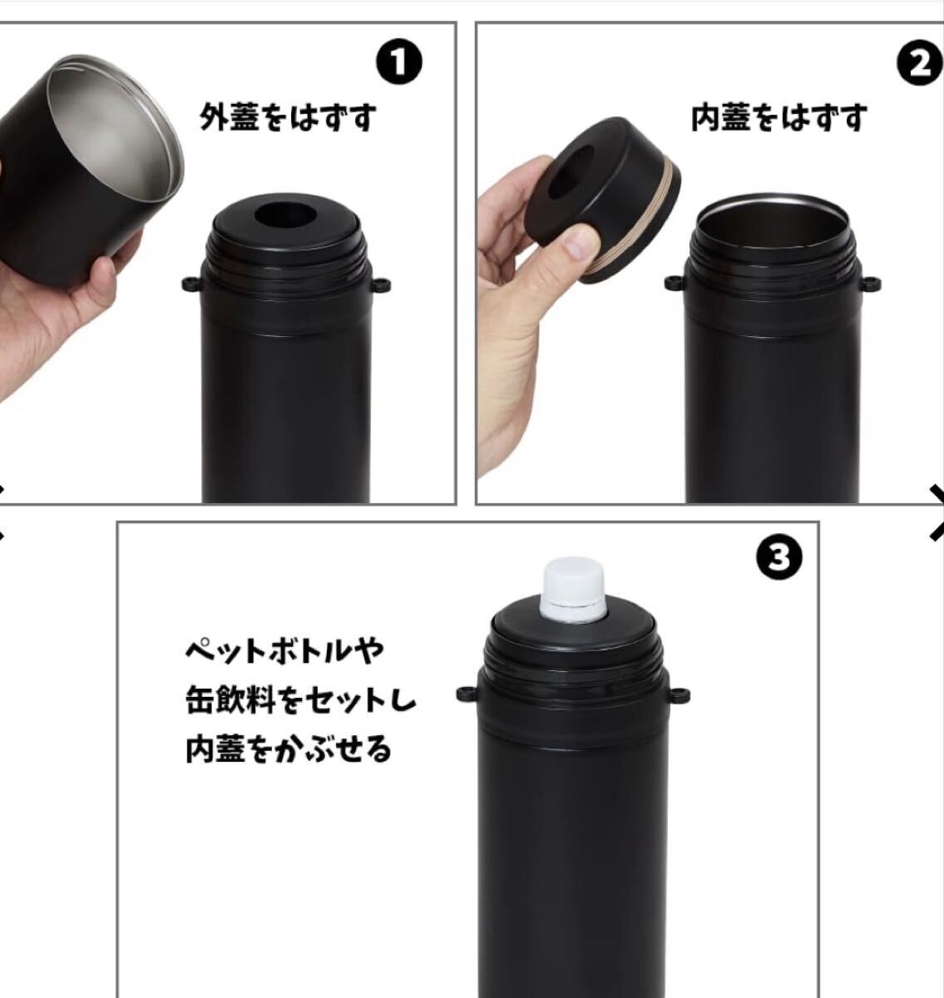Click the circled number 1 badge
pos(398,62)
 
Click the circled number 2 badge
pos(921,62)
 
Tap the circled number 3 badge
pos(779,559)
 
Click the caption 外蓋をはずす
pos(288,117)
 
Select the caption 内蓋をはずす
pos(779,117)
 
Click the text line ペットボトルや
pos(284,651)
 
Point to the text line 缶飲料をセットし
pos(300,700)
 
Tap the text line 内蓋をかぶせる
pos(289,749)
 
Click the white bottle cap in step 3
pos(574,590)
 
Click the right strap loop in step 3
pos(680,695)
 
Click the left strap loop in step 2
pos(675,283)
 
